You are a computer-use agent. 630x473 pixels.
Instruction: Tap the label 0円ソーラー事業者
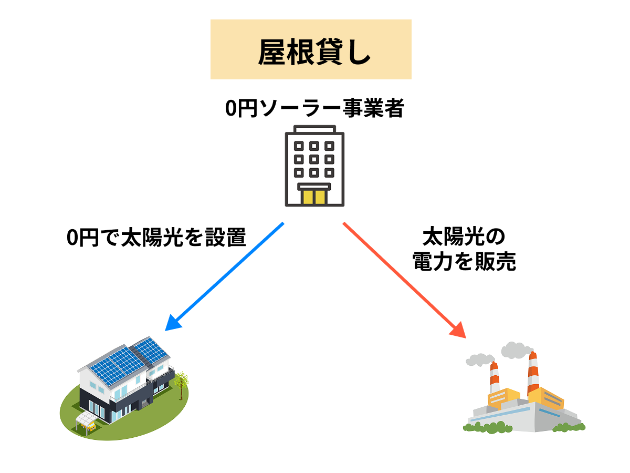(314, 109)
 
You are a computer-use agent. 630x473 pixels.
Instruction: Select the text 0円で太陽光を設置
(156, 238)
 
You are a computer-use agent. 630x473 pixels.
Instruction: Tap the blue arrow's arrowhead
(172, 323)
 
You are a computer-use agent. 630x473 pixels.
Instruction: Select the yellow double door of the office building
(314, 197)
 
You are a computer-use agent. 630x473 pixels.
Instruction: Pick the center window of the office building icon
(314, 158)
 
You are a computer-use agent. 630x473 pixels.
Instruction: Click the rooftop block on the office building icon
(314, 129)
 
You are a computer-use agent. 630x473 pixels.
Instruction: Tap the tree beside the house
(180, 381)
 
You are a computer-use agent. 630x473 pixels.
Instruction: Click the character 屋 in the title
(271, 51)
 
